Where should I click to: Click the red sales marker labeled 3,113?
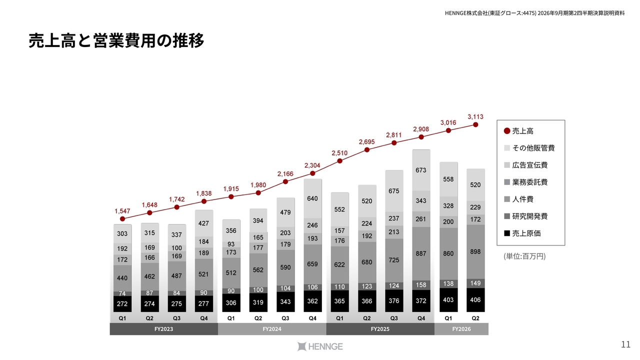tap(475, 124)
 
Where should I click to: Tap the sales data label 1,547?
tap(122, 211)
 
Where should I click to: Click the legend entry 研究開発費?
tap(525, 216)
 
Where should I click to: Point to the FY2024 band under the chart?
tap(272, 329)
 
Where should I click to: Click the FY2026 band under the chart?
tap(461, 329)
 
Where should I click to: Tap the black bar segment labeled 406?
tap(475, 299)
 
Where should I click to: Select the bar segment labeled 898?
tap(475, 251)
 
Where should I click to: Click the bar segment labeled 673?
tap(421, 170)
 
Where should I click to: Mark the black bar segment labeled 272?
tap(122, 303)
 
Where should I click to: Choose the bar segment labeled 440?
tap(122, 278)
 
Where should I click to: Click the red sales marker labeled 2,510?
tap(339, 161)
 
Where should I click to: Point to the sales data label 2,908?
tap(421, 129)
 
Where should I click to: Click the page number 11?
tap(625, 344)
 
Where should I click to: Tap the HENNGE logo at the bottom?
tap(320, 346)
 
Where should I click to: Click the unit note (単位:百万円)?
tap(524, 256)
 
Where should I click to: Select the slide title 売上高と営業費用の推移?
tap(116, 40)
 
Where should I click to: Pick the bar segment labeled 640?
tap(312, 198)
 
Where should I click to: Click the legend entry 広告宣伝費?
tap(525, 165)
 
